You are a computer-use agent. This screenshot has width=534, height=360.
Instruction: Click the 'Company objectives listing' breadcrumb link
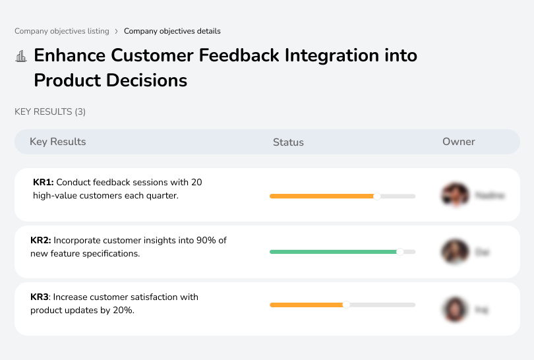coord(62,31)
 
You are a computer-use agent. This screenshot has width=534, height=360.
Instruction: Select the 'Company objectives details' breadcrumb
coord(172,31)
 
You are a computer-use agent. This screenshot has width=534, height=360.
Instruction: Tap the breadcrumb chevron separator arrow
coord(117,31)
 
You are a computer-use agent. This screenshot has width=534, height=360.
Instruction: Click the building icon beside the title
coord(21,56)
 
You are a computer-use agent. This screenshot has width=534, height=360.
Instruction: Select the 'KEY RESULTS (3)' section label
coord(50,111)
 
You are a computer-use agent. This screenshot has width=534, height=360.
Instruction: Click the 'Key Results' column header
coord(58,142)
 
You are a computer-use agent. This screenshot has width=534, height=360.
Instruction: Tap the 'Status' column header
coord(288,142)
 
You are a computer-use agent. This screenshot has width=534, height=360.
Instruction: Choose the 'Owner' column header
coord(459,142)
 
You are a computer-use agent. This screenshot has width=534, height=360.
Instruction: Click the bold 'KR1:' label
coord(43,182)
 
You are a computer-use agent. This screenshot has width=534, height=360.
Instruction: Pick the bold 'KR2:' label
coord(41,241)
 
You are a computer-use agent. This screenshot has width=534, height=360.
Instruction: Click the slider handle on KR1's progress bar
coord(377,196)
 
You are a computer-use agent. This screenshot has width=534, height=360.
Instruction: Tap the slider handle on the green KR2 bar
coord(400,252)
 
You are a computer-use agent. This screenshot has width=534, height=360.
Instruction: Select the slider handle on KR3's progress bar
coord(346,305)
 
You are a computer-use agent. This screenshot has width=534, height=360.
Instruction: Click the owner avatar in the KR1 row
coord(454,195)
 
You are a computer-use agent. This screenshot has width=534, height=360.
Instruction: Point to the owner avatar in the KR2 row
coord(454,252)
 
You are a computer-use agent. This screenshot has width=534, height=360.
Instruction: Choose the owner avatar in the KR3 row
coord(454,309)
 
